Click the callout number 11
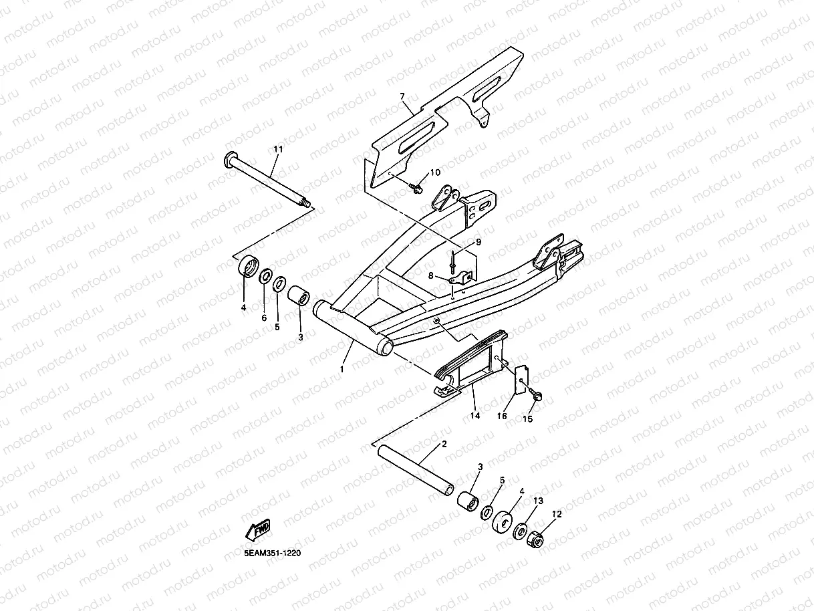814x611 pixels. click(278, 148)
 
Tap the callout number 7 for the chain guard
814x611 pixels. click(402, 97)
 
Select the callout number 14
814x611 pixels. click(475, 416)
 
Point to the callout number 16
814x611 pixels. click(502, 416)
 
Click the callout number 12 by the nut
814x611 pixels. click(556, 514)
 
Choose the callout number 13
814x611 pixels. click(538, 501)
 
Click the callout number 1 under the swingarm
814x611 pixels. click(342, 369)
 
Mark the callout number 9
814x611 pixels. click(478, 241)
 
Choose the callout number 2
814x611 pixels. click(443, 445)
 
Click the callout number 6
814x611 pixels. click(264, 318)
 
